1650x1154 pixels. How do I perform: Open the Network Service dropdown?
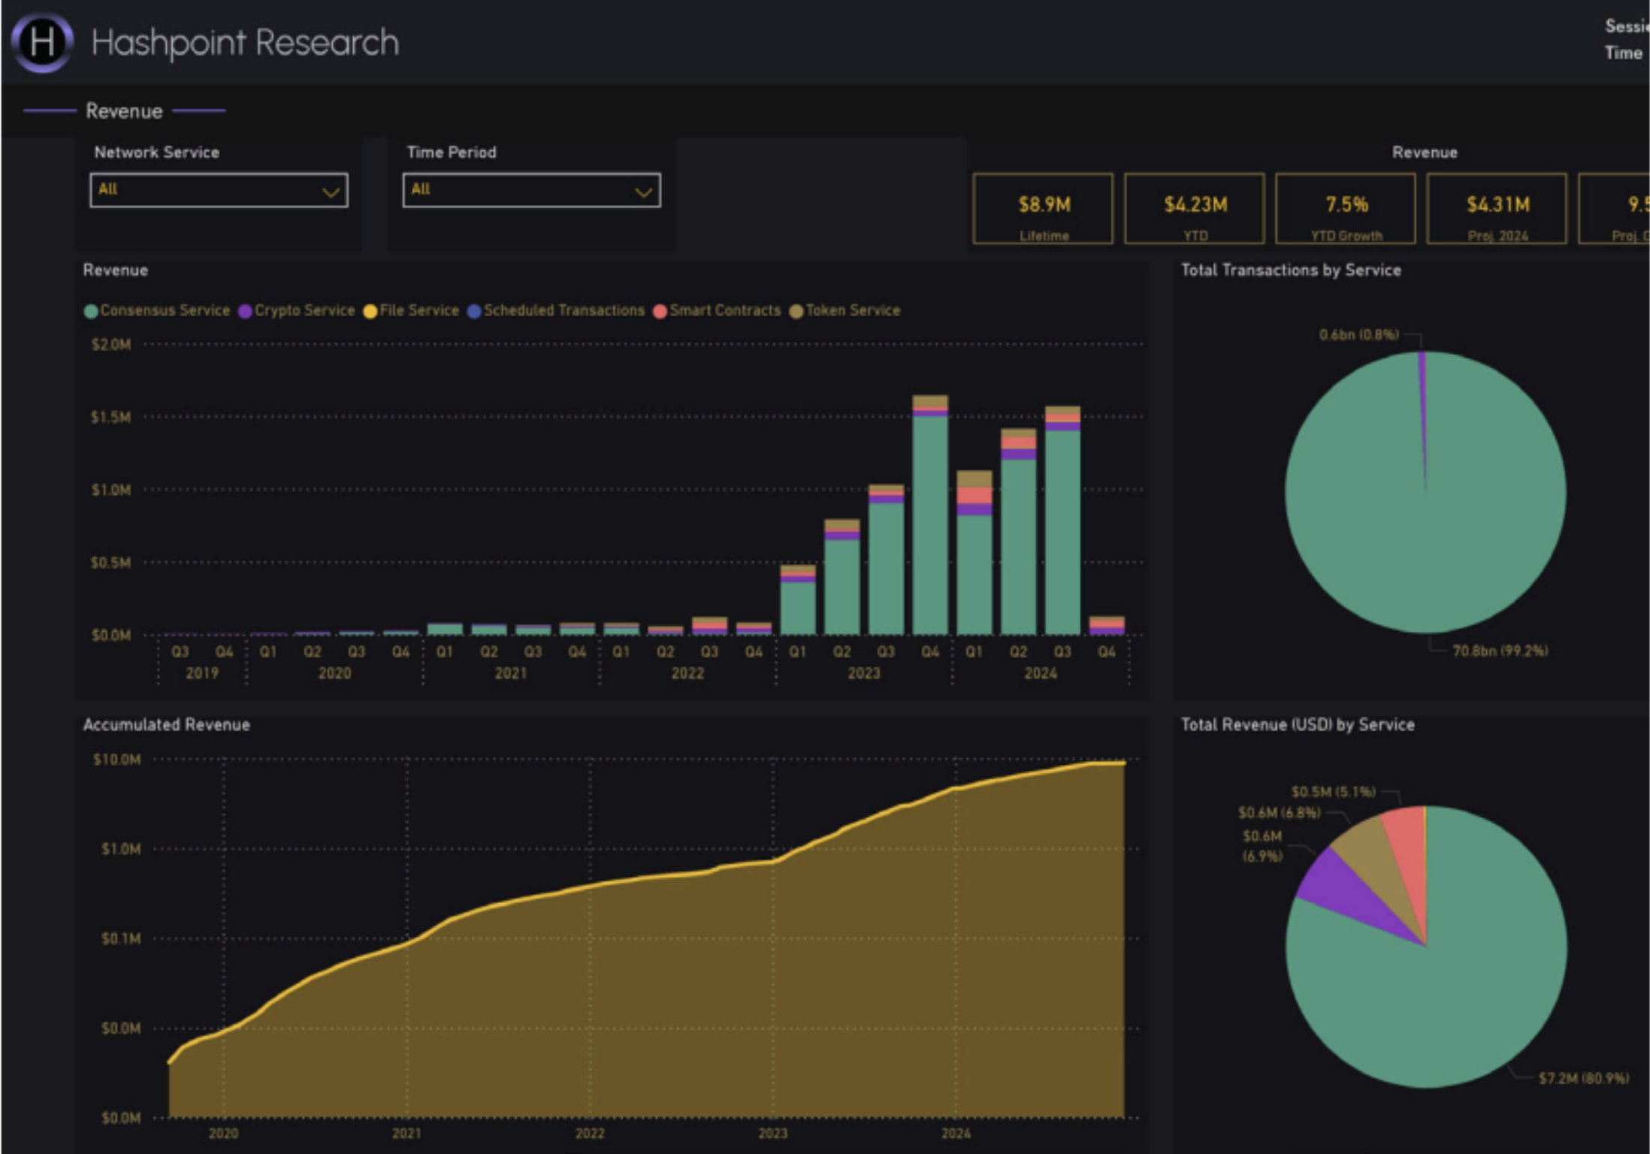pos(219,190)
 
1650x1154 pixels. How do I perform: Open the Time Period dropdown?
pos(531,190)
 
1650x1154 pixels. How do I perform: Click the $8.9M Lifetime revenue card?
pos(1043,209)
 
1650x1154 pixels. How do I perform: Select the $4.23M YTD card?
pos(1195,209)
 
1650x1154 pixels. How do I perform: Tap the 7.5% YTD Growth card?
pos(1346,209)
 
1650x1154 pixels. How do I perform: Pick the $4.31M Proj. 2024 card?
pos(1497,209)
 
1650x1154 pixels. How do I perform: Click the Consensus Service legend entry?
pos(157,310)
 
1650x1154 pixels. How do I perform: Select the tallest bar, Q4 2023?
pos(930,518)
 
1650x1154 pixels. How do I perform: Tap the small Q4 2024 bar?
pos(1107,626)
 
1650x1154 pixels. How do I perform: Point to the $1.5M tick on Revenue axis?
pos(111,417)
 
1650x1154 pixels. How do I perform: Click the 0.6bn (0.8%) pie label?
pos(1358,334)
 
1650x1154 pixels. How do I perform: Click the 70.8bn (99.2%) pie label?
pos(1500,651)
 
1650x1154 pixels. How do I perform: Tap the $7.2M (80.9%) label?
pos(1583,1078)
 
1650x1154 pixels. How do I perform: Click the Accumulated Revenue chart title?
pos(167,724)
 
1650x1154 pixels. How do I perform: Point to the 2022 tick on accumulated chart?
pos(590,1133)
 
